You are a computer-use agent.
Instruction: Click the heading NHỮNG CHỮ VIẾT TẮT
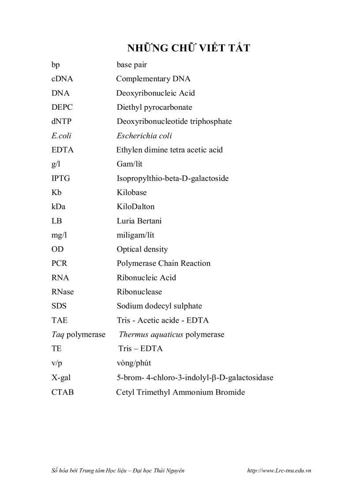[x=188, y=48]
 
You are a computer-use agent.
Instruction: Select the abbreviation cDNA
[x=62, y=79]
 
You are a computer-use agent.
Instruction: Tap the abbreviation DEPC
[x=62, y=107]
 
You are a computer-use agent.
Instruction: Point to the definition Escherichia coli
[x=144, y=135]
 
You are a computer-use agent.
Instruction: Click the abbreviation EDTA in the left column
[x=63, y=150]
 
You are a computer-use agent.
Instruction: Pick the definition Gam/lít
[x=130, y=164]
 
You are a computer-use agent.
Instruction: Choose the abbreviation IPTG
[x=61, y=179]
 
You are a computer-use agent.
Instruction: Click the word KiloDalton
[x=135, y=207]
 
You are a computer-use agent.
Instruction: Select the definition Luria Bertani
[x=139, y=221]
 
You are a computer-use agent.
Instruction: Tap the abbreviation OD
[x=57, y=249]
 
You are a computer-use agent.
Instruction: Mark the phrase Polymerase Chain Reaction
[x=163, y=263]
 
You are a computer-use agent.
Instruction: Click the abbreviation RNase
[x=63, y=292]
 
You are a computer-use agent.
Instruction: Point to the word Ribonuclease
[x=139, y=292]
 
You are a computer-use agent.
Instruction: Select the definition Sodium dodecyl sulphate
[x=159, y=306]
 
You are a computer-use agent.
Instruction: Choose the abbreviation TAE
[x=60, y=320]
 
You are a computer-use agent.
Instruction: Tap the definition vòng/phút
[x=134, y=363]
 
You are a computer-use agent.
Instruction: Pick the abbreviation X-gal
[x=61, y=378]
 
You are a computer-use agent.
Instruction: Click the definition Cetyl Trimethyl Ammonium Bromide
[x=180, y=392]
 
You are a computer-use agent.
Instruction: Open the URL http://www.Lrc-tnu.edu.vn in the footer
[x=279, y=470]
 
